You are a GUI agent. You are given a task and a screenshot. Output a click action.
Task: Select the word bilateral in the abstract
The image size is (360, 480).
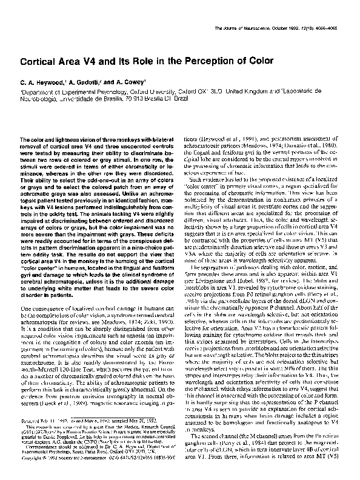(x=157, y=139)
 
